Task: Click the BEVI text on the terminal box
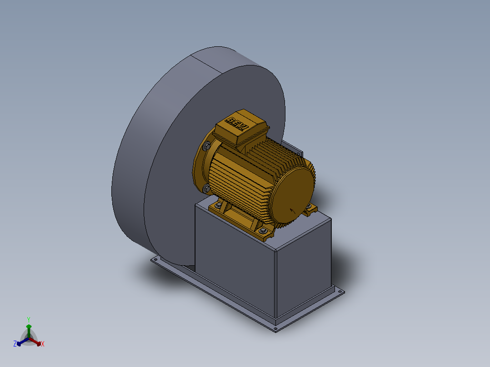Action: coord(237,124)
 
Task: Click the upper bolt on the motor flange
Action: coord(206,146)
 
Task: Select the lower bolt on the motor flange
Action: coord(206,188)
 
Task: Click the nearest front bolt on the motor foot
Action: coord(263,231)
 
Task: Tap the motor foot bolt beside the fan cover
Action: coord(309,206)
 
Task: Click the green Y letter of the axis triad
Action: coord(29,319)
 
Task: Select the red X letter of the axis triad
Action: coord(43,344)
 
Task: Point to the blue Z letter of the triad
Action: coord(15,343)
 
